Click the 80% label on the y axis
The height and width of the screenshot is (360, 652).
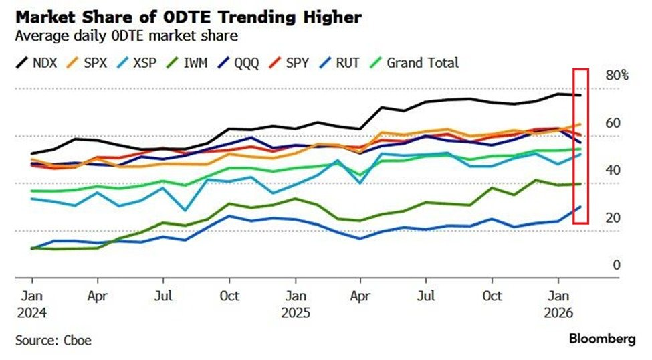[617, 76]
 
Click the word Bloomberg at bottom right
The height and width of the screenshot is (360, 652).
[602, 339]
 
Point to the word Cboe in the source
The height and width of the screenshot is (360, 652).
[78, 340]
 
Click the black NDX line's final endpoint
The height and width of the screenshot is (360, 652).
[580, 96]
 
